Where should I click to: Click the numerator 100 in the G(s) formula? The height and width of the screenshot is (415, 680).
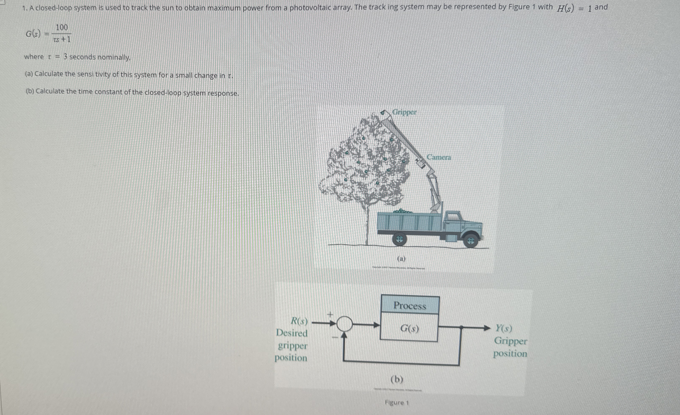pos(61,28)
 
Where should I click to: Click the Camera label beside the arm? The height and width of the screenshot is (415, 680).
pos(439,157)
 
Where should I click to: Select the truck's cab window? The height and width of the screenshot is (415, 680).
pos(452,217)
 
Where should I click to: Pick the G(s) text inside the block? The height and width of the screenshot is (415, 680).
pos(409,328)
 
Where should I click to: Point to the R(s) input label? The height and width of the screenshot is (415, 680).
pos(299,321)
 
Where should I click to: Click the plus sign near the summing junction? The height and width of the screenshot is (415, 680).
pos(330,314)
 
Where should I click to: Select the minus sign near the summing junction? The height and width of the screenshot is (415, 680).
pos(335,337)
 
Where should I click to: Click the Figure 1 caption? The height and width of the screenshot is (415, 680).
pos(397,403)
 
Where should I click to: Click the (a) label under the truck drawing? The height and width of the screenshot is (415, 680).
pos(401,259)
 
